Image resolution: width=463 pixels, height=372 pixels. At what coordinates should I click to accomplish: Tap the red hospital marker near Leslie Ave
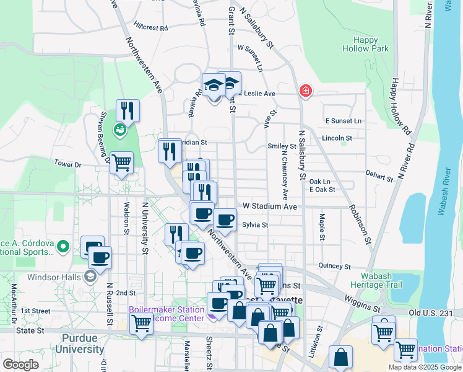[305, 91]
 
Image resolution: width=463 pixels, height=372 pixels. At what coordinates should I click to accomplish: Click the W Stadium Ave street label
[270, 206]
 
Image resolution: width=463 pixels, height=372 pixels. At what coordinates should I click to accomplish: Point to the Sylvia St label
[254, 225]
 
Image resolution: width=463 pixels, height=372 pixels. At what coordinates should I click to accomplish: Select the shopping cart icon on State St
[142, 323]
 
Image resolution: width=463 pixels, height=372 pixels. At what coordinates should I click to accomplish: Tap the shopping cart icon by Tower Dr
[121, 163]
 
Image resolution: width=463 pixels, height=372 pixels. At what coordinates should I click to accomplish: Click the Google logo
[21, 365]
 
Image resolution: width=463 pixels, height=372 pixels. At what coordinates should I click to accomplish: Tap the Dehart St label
[379, 175]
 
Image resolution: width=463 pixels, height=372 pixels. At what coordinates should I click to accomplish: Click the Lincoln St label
[337, 138]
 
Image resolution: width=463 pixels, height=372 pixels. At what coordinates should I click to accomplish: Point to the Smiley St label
[282, 146]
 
